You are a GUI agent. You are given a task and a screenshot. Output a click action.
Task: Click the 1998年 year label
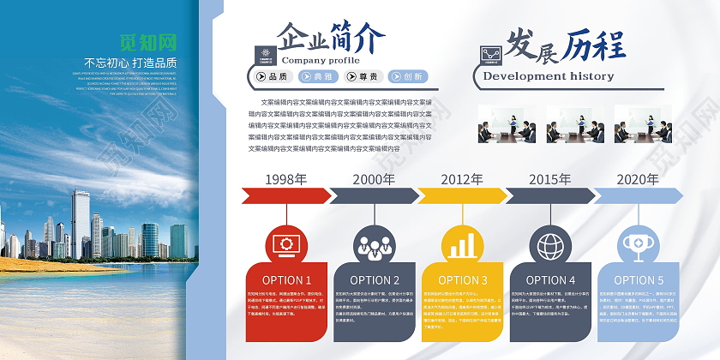(286, 179)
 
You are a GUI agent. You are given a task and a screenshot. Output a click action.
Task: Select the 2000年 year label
(374, 179)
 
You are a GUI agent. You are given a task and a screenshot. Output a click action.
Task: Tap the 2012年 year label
(462, 179)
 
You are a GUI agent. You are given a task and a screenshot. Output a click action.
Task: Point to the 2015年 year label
(549, 179)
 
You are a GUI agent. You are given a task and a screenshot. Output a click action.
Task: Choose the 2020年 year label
(637, 179)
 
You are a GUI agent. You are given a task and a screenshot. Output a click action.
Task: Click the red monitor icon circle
(286, 244)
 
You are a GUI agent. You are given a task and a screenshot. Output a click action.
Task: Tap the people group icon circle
(374, 244)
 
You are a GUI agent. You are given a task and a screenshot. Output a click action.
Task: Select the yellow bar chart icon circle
(462, 244)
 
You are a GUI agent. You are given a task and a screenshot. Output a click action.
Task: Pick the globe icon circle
(549, 244)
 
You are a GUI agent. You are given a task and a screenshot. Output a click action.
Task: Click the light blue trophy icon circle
(637, 244)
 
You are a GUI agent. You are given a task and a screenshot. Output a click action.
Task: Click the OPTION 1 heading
(286, 280)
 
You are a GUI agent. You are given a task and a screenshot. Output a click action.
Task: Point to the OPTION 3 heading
(462, 280)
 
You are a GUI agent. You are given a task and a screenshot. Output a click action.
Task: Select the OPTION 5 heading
(637, 280)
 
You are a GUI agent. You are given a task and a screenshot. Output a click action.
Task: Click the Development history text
(549, 76)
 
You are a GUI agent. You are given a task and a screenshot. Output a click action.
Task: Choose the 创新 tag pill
(412, 76)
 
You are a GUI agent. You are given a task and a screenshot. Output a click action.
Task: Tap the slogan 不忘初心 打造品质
(130, 63)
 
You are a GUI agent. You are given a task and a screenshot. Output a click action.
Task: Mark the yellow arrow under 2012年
(462, 196)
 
